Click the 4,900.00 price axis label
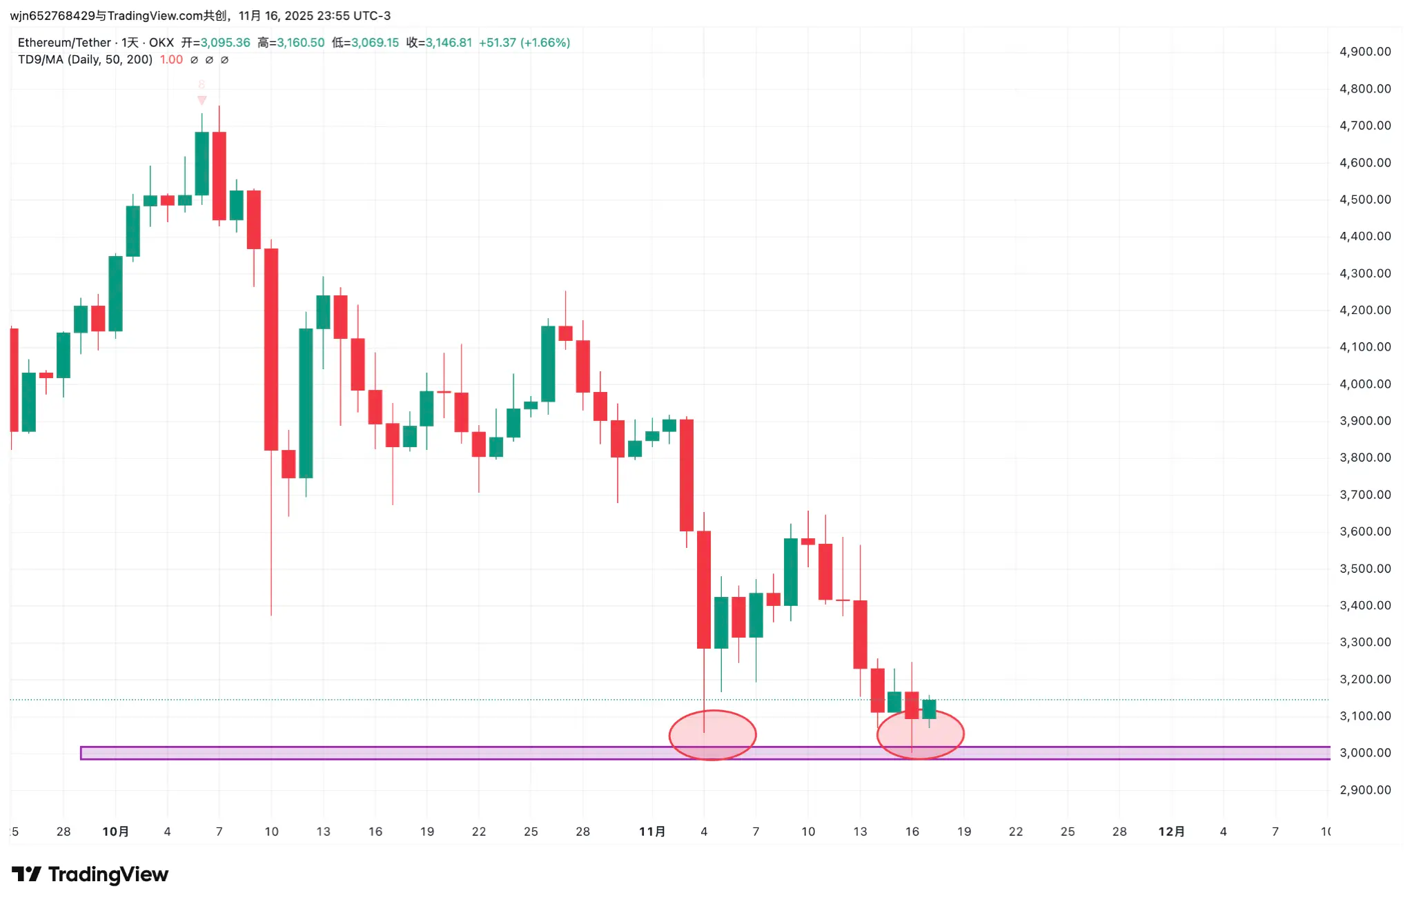tap(1364, 52)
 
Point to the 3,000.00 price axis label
tap(1364, 753)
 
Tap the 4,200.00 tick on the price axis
tap(1364, 310)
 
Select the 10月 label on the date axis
tap(115, 832)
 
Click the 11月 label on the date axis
tap(652, 832)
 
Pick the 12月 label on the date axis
tap(1171, 832)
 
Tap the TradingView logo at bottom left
tap(90, 874)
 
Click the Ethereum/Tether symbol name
tap(64, 43)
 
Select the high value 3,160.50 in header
tap(300, 43)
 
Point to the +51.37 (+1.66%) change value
tap(524, 43)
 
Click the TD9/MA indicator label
tap(85, 60)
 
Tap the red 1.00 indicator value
tap(171, 60)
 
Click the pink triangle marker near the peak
tap(202, 100)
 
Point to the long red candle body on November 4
tap(704, 590)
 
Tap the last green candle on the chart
tap(929, 709)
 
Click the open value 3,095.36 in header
tap(225, 43)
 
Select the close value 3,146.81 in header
tap(449, 43)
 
